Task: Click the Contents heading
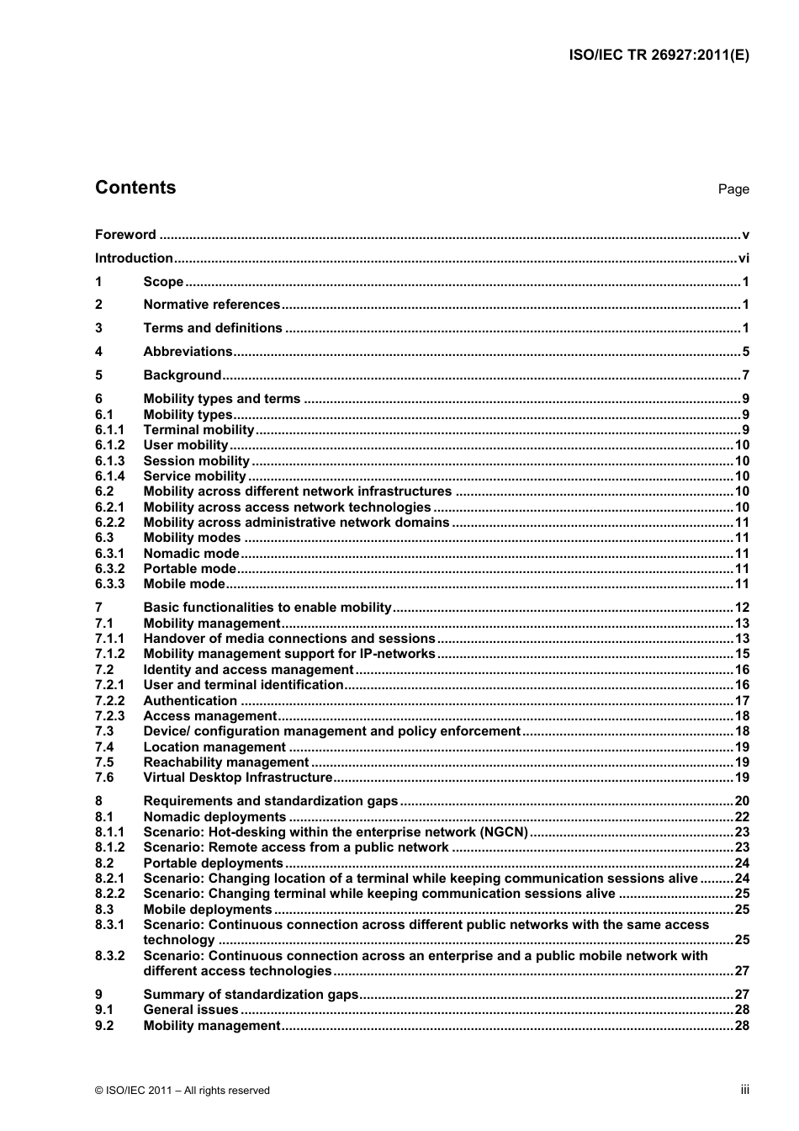[x=135, y=188]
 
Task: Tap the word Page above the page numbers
[x=733, y=189]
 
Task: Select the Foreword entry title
[x=125, y=235]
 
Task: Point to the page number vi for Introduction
[x=743, y=258]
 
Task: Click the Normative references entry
[x=211, y=305]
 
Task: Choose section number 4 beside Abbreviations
[x=98, y=352]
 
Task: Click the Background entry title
[x=182, y=375]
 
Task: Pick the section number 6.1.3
[x=109, y=461]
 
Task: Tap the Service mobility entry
[x=194, y=476]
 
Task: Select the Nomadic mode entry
[x=191, y=554]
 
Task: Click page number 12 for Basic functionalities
[x=741, y=608]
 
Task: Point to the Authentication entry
[x=190, y=701]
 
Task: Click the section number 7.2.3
[x=109, y=716]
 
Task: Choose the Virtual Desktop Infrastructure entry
[x=238, y=778]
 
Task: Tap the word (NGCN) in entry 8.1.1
[x=504, y=832]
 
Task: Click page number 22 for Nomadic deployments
[x=741, y=817]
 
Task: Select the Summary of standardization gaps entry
[x=251, y=995]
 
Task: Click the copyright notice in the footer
[x=183, y=1091]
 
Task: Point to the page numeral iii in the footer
[x=744, y=1090]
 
